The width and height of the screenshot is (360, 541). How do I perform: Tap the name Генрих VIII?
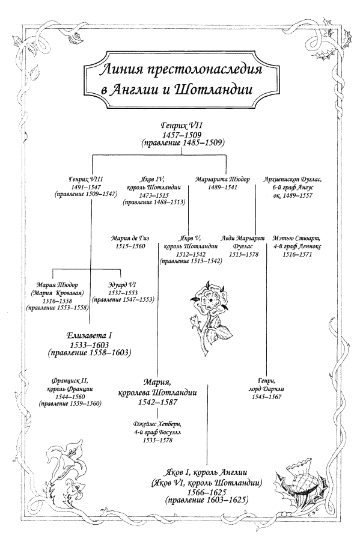tap(86, 179)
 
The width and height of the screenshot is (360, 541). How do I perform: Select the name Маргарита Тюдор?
tap(222, 179)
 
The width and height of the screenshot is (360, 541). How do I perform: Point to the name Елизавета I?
tap(90, 335)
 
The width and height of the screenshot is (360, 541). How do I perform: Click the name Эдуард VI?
tap(123, 285)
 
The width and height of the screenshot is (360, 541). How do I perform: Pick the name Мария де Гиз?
tap(130, 238)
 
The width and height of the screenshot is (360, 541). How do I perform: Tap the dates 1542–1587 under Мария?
tap(157, 402)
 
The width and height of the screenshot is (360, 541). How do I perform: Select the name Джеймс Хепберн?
tap(157, 424)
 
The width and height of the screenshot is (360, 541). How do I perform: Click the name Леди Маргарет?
tap(243, 238)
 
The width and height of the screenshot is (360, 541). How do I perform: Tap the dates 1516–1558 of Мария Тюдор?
tap(57, 301)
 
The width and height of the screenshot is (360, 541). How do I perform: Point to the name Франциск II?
tap(70, 381)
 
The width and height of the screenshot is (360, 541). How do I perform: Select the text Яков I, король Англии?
tap(206, 472)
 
